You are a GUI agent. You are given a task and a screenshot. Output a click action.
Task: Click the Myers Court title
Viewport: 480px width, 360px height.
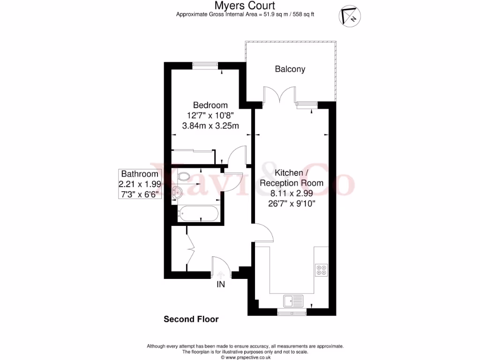point(245,6)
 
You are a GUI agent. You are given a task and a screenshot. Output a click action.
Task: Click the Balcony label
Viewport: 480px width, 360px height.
point(290,69)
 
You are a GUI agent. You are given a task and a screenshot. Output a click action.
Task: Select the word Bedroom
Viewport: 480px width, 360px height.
point(210,105)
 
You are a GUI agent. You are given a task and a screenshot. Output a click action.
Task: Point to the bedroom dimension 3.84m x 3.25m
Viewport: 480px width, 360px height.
point(210,126)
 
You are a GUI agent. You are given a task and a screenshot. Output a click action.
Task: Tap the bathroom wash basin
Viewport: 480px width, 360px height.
point(177,191)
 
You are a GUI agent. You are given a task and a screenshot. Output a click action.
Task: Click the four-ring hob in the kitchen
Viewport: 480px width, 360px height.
point(322,270)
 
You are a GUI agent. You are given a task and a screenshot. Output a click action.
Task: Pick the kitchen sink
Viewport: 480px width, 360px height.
point(294,300)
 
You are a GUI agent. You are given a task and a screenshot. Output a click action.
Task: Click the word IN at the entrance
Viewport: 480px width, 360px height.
point(221,285)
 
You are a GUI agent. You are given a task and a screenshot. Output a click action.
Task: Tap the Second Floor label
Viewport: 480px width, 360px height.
point(191,320)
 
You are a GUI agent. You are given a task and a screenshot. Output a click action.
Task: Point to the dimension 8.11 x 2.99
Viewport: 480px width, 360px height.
point(292,193)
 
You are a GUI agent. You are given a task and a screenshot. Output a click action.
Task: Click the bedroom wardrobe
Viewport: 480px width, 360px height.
point(193,157)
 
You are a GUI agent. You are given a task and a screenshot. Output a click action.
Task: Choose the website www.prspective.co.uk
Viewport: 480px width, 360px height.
point(245,357)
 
